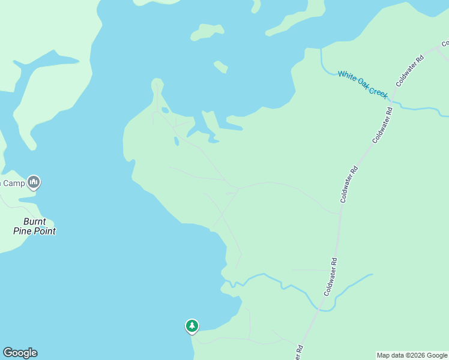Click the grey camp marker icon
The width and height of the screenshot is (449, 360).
(34, 182)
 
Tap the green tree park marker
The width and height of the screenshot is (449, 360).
(191, 326)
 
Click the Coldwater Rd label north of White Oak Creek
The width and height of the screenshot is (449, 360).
(410, 70)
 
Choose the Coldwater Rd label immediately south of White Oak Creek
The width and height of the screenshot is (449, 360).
(382, 125)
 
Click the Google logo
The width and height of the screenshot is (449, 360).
(20, 353)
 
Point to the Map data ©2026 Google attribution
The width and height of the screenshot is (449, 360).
(412, 355)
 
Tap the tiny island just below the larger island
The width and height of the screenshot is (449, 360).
(220, 66)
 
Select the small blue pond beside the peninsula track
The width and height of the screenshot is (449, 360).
(175, 141)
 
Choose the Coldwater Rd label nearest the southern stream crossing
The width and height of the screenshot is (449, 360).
(331, 277)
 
